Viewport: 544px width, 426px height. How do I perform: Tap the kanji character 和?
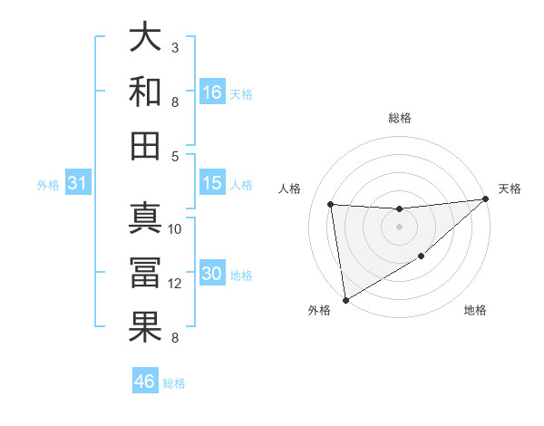146,91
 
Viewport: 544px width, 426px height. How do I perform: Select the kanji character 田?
146,145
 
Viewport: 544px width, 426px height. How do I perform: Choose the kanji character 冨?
146,273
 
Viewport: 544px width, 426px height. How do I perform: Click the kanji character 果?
146,327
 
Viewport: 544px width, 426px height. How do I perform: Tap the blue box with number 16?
212,92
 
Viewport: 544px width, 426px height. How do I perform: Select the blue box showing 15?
212,183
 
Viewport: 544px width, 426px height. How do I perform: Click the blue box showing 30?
212,275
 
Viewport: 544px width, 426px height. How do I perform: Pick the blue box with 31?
77,183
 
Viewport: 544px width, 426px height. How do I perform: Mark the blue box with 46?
145,382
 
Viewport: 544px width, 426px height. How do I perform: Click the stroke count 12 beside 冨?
175,284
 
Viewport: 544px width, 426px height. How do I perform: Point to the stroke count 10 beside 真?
175,228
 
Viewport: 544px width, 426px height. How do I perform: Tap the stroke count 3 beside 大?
174,47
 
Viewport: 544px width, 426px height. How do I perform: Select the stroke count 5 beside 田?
174,156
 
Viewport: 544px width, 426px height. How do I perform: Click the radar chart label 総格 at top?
399,118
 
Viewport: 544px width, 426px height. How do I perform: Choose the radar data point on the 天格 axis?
485,199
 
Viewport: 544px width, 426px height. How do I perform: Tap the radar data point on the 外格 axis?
345,299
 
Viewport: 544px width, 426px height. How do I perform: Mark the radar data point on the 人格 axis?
331,204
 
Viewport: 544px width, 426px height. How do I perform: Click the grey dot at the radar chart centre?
399,227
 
